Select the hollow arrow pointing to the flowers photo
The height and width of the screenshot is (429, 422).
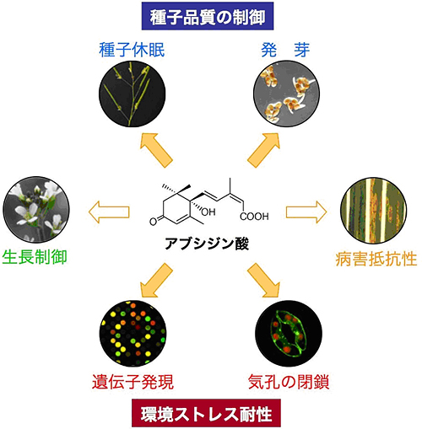tap(107, 209)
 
